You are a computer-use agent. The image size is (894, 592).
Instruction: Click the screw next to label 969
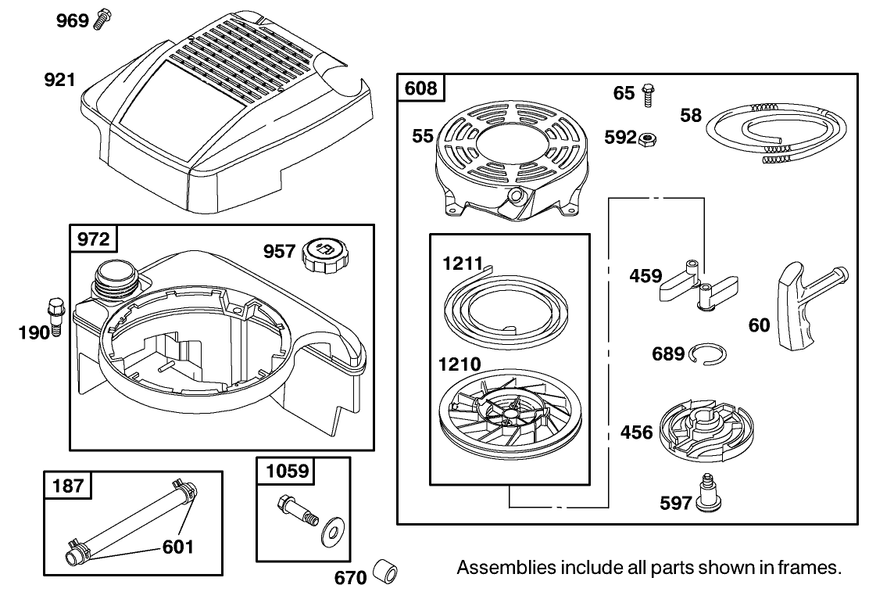point(102,20)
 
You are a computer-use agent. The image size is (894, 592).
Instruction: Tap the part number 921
point(59,79)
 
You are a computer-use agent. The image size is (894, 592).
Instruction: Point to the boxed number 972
point(93,239)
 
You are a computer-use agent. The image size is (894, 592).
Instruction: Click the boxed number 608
point(420,88)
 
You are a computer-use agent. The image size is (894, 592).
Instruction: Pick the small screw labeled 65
point(648,95)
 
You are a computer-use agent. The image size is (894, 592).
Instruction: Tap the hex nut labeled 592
point(647,138)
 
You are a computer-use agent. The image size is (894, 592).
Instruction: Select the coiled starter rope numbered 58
point(775,131)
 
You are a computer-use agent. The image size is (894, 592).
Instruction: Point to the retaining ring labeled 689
point(707,353)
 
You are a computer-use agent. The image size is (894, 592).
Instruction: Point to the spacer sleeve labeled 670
point(385,572)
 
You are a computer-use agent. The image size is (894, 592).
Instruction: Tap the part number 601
point(178,547)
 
